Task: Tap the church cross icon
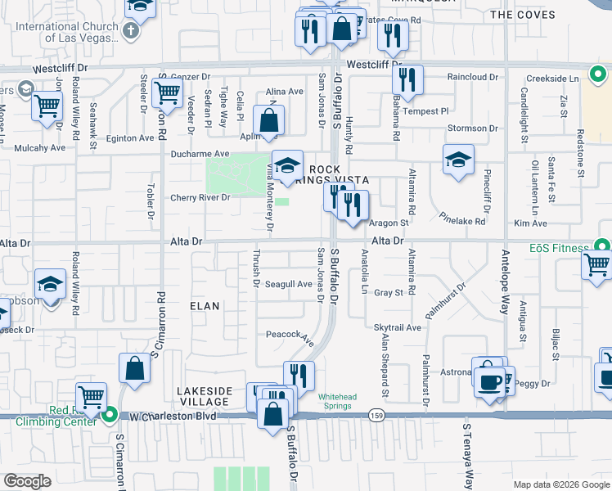pos(130,31)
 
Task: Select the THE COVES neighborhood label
pos(523,15)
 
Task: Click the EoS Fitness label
pos(558,248)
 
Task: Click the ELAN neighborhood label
pos(205,306)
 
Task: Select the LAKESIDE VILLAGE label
pos(204,397)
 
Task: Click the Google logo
pos(27,481)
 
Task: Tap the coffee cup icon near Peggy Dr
pos(491,381)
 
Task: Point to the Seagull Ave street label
pos(289,284)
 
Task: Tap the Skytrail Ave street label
pos(398,327)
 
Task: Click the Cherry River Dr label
pos(200,197)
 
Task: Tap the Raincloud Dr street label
pos(472,77)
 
